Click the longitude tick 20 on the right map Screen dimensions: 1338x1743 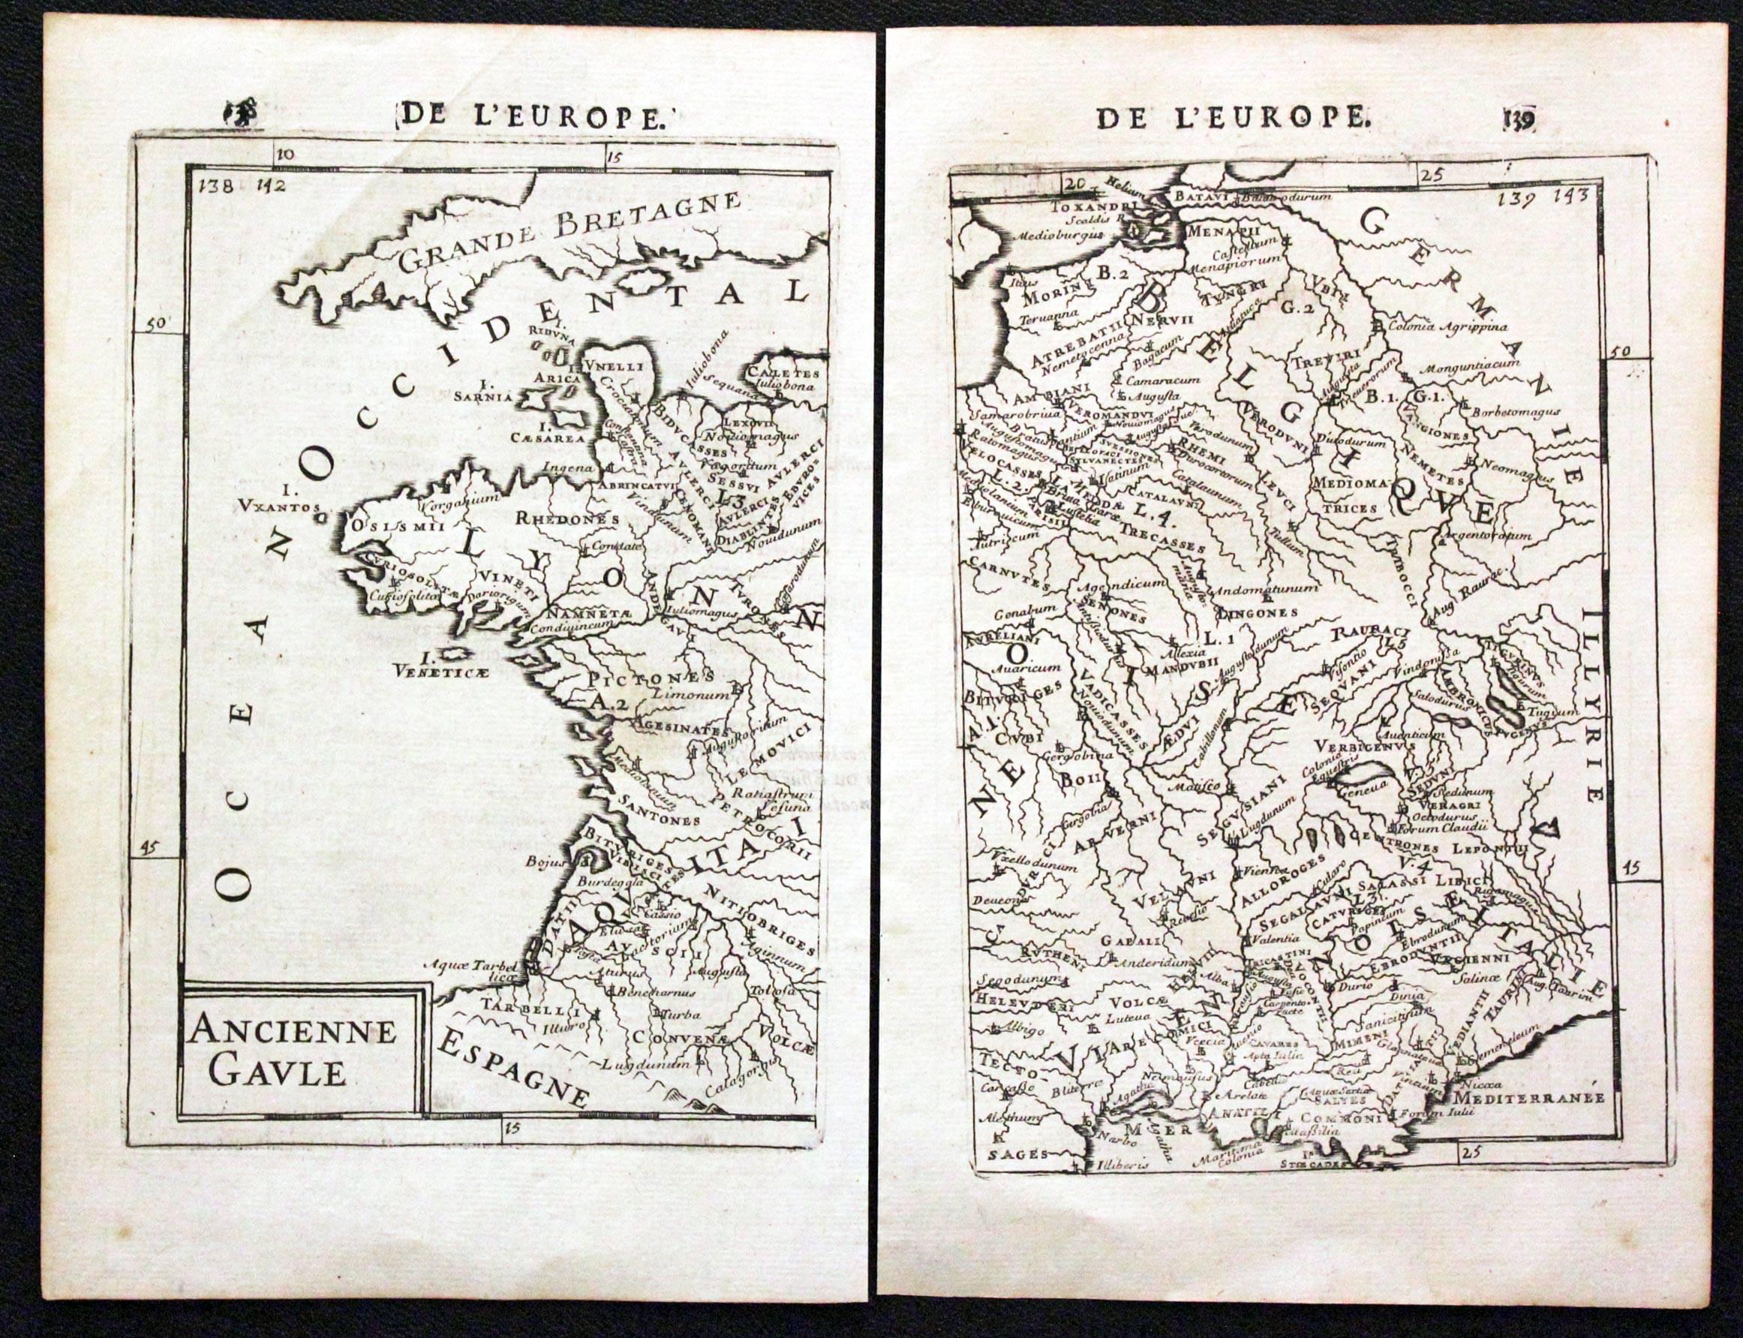1075,183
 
